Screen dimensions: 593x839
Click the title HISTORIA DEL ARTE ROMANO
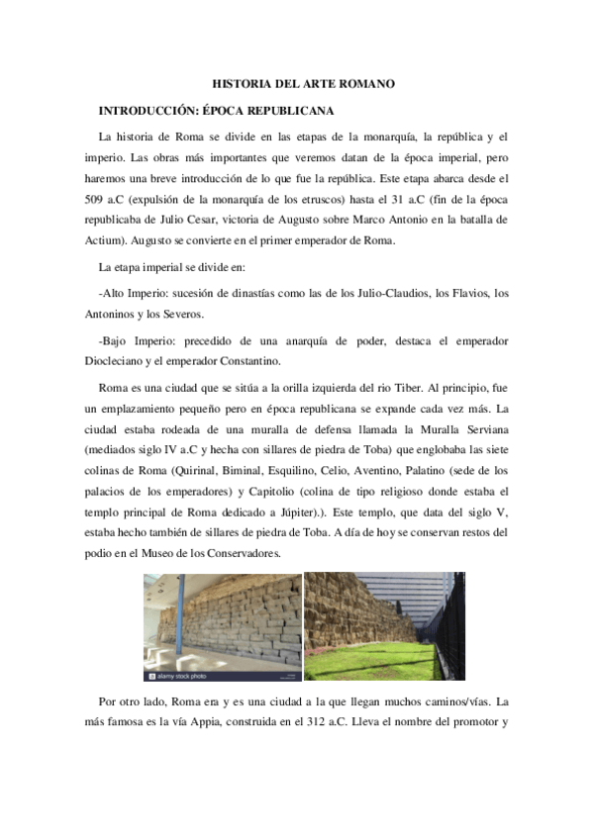coord(304,84)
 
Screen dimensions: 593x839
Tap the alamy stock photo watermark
coord(178,676)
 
